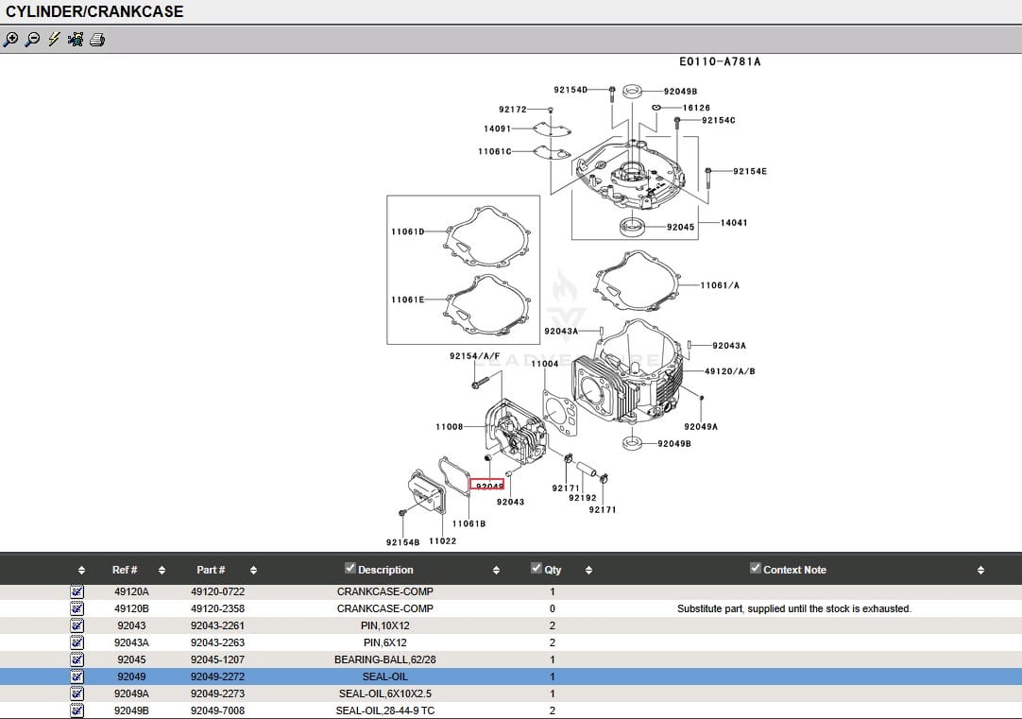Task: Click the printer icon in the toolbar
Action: [97, 40]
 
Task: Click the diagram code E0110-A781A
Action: [719, 62]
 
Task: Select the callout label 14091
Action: [497, 129]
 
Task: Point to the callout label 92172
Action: [513, 110]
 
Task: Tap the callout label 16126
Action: [696, 108]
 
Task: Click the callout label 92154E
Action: [750, 171]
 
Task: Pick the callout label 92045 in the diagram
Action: [680, 227]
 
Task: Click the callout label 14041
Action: [734, 223]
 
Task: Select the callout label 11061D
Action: [407, 231]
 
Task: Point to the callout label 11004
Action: [544, 364]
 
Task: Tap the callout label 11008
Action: [450, 427]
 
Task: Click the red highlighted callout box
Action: [487, 485]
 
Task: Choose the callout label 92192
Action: [583, 498]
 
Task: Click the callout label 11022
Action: [443, 541]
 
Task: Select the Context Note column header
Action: [794, 570]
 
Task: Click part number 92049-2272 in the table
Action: [218, 676]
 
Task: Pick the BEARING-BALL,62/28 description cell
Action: [385, 659]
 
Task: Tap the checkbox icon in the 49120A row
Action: [77, 591]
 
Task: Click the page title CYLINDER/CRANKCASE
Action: [94, 12]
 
